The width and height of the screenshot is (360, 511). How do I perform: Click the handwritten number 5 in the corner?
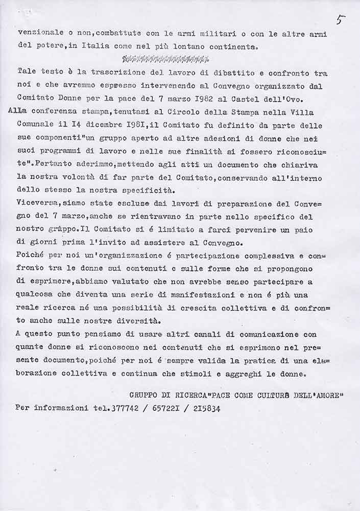pos(341,20)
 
